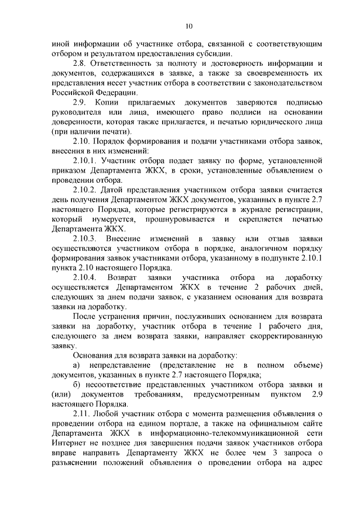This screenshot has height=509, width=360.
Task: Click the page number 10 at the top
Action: point(188,25)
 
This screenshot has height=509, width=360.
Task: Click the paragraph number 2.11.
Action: point(81,415)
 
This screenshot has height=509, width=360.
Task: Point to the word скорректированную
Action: point(285,336)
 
